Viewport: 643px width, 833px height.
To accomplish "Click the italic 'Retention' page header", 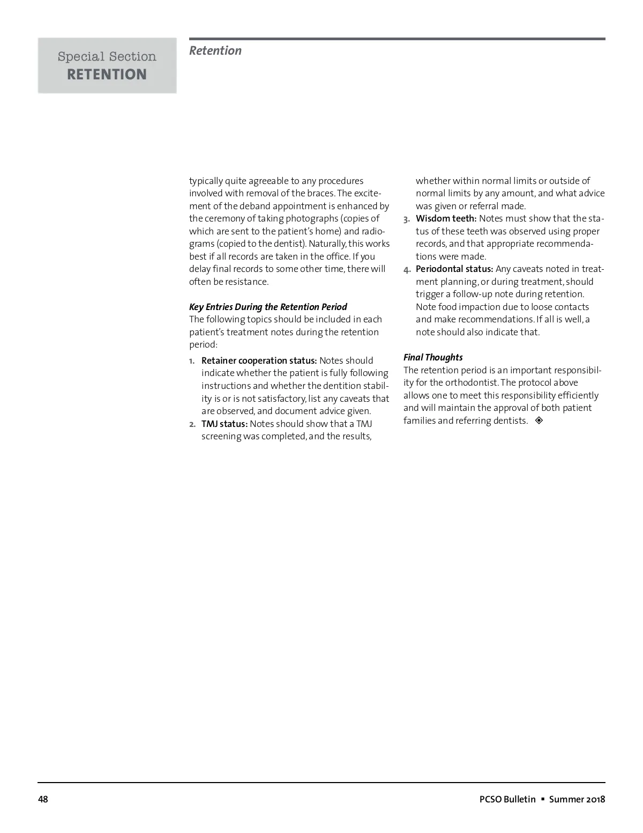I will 215,51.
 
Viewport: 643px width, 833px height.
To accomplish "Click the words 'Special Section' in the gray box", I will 107,56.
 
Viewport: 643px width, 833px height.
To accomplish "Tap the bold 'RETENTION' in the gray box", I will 107,75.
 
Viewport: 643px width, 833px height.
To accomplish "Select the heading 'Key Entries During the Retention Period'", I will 268,307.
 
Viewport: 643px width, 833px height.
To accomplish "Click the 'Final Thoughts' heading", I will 433,357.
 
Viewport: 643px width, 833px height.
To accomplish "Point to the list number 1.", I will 192,361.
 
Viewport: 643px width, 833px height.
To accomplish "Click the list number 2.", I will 192,424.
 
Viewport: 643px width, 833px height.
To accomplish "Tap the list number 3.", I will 407,219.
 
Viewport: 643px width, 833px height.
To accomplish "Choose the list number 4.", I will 407,269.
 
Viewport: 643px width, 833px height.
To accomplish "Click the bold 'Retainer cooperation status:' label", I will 259,360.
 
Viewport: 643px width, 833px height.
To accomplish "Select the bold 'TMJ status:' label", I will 225,424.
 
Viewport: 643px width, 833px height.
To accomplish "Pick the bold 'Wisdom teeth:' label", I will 446,218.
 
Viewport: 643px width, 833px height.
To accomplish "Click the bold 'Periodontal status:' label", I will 454,269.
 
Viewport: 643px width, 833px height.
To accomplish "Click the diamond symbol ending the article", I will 539,421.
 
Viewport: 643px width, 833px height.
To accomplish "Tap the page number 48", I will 43,799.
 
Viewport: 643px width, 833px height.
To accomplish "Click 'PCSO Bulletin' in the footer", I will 507,799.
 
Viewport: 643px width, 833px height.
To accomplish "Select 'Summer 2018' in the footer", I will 577,799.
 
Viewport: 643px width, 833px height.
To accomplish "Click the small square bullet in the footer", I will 542,799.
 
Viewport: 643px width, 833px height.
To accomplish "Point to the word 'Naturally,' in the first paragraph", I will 327,244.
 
